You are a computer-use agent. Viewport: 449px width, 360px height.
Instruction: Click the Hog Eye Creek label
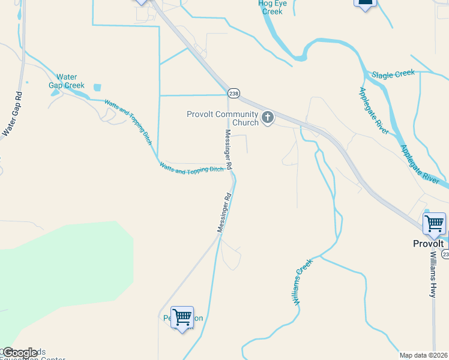coord(270,7)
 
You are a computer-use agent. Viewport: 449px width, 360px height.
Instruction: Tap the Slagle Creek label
coord(393,74)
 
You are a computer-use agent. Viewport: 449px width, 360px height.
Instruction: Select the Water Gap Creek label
coord(67,81)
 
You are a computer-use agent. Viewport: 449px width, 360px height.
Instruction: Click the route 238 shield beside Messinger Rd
coord(234,93)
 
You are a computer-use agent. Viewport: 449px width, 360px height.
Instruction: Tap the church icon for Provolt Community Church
coord(268,118)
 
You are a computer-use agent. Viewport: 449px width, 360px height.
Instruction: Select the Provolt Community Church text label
coord(223,118)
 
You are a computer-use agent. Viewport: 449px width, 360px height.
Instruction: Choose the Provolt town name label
coord(428,244)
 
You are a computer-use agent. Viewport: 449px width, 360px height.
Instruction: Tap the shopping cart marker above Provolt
coord(434,224)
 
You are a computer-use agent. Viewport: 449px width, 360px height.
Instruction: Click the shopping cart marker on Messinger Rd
coord(182,317)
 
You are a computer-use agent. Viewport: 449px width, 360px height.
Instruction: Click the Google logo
coord(20,353)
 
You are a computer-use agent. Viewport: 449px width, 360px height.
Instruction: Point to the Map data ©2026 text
coord(424,355)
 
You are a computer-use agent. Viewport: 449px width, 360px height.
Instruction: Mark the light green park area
coord(66,270)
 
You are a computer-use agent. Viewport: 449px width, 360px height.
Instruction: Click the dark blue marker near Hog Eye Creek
coord(365,4)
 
